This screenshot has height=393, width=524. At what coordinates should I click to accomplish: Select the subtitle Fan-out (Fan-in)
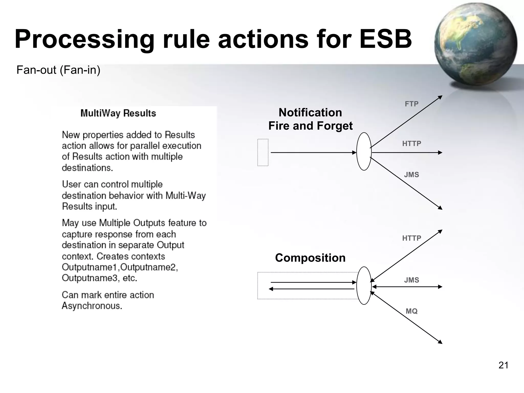(x=58, y=70)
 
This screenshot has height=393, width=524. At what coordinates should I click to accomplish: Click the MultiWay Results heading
(x=118, y=113)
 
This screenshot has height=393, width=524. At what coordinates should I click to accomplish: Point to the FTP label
(x=411, y=104)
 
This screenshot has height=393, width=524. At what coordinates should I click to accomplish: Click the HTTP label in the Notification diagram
(x=411, y=144)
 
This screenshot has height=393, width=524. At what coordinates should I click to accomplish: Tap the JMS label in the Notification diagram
(x=411, y=175)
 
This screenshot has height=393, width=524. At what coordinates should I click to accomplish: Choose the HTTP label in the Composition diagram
(x=411, y=238)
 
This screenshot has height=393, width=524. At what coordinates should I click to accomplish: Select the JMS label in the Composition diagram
(x=411, y=280)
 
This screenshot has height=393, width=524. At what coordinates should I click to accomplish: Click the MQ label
(x=411, y=311)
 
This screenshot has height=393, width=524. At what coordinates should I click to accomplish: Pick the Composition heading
(x=310, y=258)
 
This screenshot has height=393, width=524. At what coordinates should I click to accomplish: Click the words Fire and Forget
(x=310, y=126)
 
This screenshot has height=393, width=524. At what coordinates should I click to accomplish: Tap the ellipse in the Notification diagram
(x=364, y=151)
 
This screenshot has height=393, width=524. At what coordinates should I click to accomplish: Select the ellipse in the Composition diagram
(x=364, y=286)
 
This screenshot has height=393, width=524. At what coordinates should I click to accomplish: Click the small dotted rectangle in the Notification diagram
(x=263, y=152)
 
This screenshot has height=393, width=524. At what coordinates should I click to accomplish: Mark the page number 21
(x=503, y=365)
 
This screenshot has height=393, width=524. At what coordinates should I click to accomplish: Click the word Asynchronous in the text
(x=92, y=306)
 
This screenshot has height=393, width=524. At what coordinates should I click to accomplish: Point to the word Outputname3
(x=90, y=278)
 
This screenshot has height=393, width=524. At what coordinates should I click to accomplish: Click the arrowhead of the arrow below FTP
(x=440, y=97)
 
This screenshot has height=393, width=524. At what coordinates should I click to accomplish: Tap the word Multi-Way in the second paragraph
(x=185, y=195)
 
